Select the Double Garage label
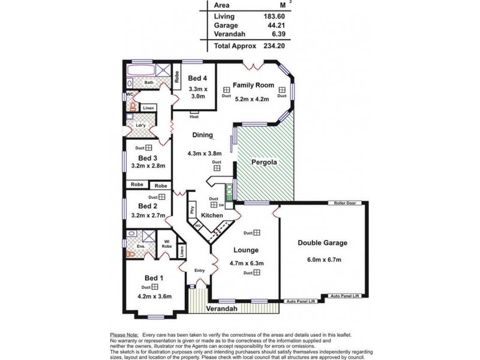click(323, 243)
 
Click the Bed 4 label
click(197, 79)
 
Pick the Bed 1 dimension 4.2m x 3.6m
click(155, 296)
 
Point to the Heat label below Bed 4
click(194, 117)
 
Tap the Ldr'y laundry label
click(142, 125)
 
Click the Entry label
click(199, 270)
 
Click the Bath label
click(148, 82)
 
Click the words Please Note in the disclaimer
click(124, 335)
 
